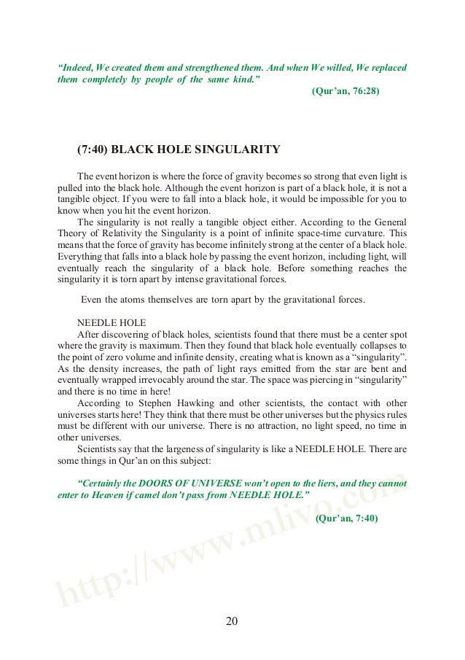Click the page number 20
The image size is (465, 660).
pos(232,621)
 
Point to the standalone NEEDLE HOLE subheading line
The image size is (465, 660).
pos(111,322)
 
